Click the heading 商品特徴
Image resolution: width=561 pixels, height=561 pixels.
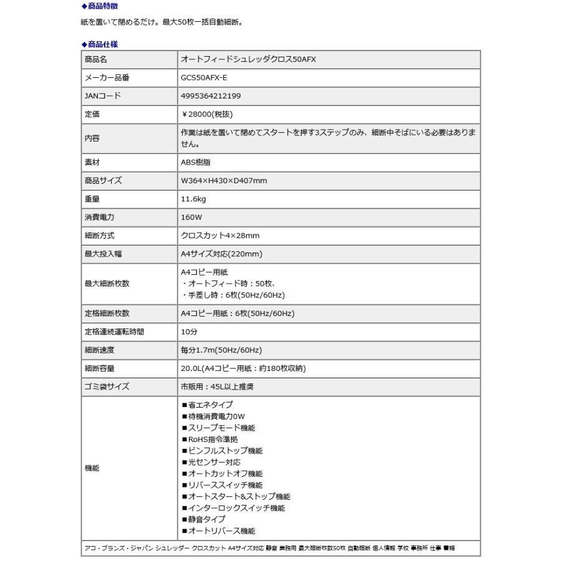point(100,7)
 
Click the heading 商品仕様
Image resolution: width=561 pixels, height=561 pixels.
point(100,44)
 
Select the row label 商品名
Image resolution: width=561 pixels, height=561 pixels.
point(96,60)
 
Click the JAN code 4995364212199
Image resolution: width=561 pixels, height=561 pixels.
point(211,96)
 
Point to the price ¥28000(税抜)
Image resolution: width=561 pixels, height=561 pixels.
point(207,115)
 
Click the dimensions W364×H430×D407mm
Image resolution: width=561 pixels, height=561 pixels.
point(224,181)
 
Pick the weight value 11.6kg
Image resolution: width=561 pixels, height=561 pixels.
point(193,199)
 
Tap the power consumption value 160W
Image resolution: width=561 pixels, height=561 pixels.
point(191,218)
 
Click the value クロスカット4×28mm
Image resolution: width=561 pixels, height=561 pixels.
point(220,236)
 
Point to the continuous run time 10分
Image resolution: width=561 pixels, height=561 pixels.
point(188,332)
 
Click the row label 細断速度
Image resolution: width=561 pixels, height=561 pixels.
point(99,350)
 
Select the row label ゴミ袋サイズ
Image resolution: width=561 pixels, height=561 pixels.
point(107,386)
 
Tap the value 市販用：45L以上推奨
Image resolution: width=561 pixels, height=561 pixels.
point(217,386)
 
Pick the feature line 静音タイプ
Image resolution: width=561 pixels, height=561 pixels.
point(203,519)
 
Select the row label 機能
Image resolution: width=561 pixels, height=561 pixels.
point(92,467)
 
